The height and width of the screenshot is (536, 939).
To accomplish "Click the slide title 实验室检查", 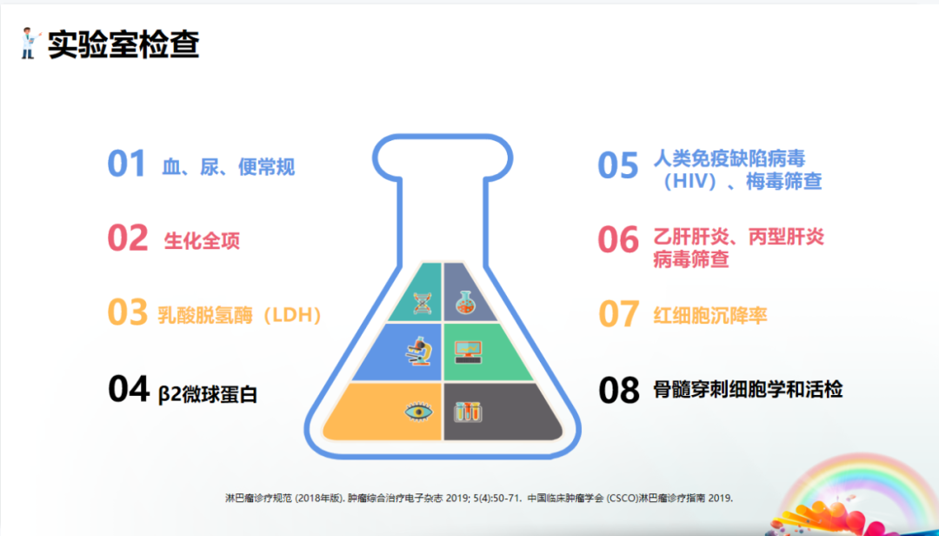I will coord(123,44).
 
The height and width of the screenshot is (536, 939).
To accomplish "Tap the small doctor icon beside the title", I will coord(29,43).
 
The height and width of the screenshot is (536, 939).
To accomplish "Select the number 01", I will coord(126,164).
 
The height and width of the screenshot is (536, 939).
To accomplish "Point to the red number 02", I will coord(127,238).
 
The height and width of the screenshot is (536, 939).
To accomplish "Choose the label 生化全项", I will coord(202,241).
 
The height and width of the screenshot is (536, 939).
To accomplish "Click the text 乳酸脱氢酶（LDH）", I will coord(240,314).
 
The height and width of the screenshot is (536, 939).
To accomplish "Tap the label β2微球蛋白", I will coord(208,393).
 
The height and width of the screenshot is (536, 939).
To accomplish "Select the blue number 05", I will coord(618,165).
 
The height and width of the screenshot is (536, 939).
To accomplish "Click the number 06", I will coord(618,240).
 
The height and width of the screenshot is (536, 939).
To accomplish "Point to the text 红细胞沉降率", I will coord(710,315).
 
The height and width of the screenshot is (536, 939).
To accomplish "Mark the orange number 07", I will coord(619,314).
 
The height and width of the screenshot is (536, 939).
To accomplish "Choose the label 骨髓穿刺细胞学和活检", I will coord(748,389).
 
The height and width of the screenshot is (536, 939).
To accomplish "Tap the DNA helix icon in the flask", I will coord(423,302).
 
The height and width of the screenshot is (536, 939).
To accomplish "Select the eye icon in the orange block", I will coord(417,411).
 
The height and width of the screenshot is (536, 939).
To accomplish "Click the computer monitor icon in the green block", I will coord(468,351).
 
